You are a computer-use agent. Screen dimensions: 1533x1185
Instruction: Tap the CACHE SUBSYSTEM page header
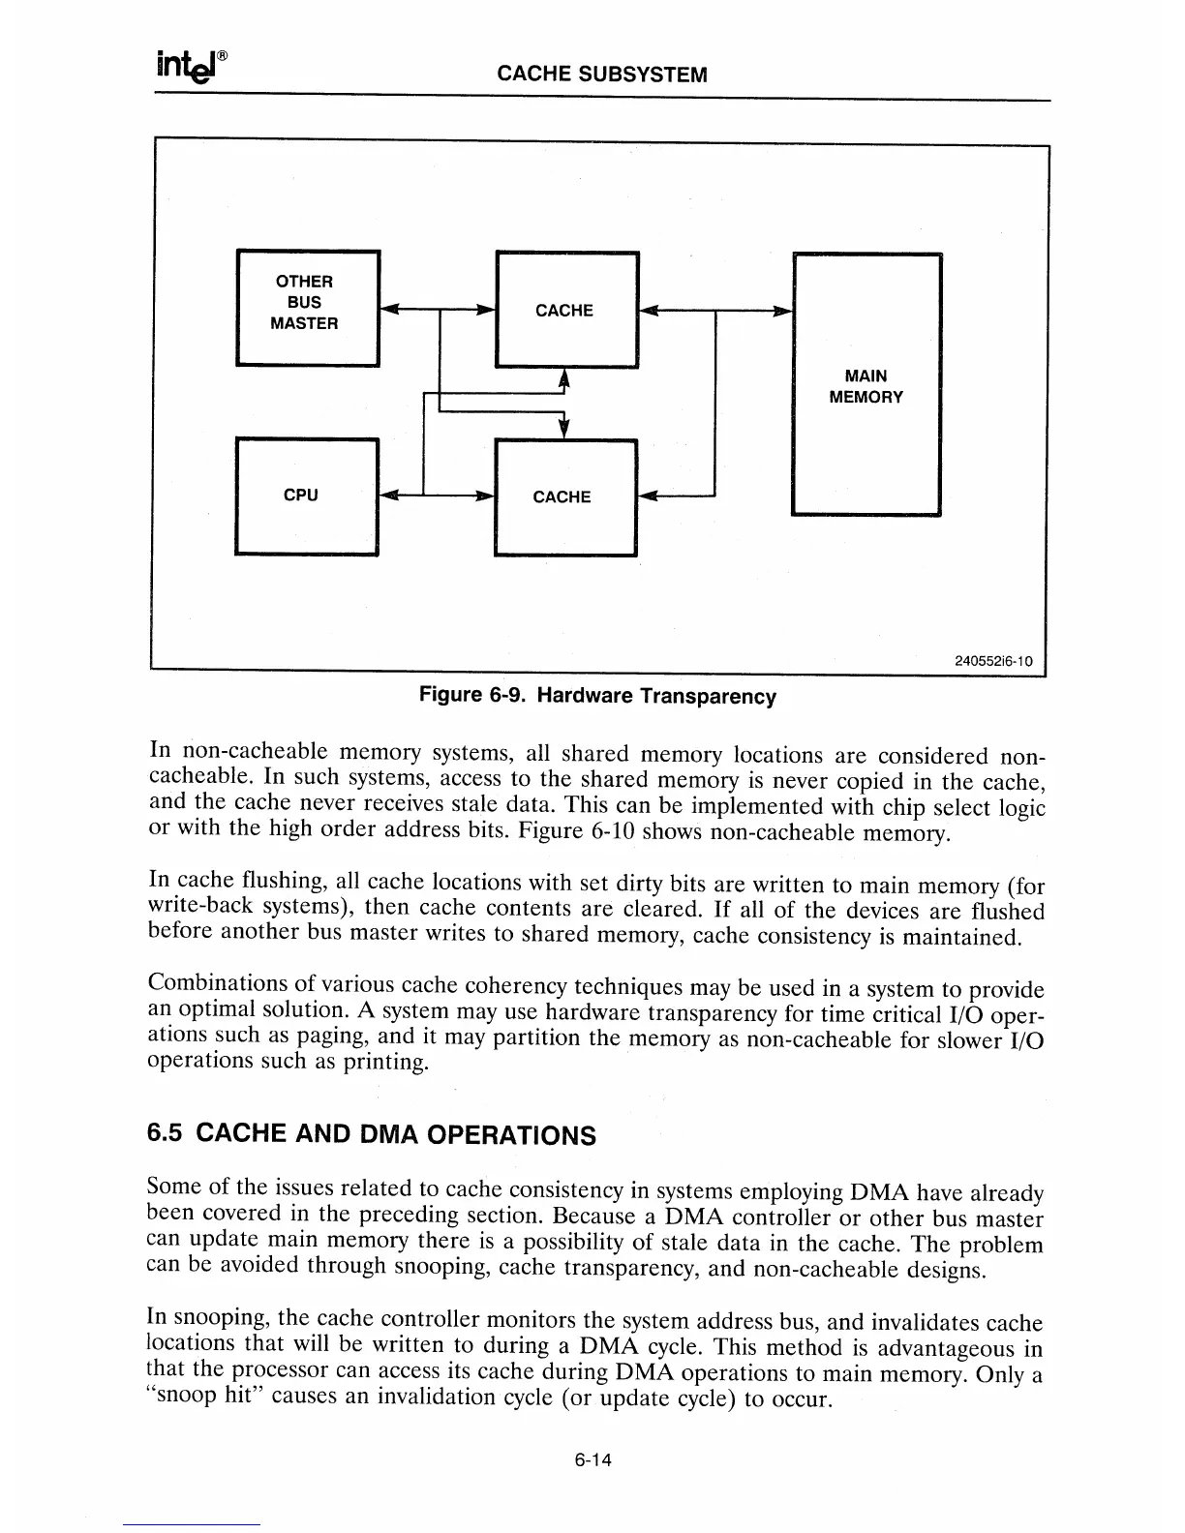pyautogui.click(x=601, y=75)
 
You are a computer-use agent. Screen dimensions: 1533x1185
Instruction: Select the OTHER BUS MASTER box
pyautogui.click(x=307, y=307)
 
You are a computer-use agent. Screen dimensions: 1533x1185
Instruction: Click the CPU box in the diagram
pyautogui.click(x=306, y=496)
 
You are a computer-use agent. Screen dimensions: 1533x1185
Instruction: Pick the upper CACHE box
pyautogui.click(x=565, y=310)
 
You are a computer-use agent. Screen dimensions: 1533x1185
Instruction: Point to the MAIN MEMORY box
pyautogui.click(x=866, y=385)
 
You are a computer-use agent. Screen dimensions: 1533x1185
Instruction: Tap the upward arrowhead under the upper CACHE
pyautogui.click(x=565, y=378)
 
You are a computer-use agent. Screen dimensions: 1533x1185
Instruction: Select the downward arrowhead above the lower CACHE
pyautogui.click(x=565, y=429)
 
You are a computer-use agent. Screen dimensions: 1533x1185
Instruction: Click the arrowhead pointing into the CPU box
pyautogui.click(x=388, y=496)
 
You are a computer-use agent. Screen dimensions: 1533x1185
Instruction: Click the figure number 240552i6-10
pyautogui.click(x=993, y=662)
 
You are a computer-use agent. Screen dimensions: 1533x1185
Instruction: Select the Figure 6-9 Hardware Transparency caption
pyautogui.click(x=596, y=696)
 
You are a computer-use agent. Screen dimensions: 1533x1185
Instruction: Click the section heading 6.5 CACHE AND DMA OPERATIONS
pyautogui.click(x=371, y=1133)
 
